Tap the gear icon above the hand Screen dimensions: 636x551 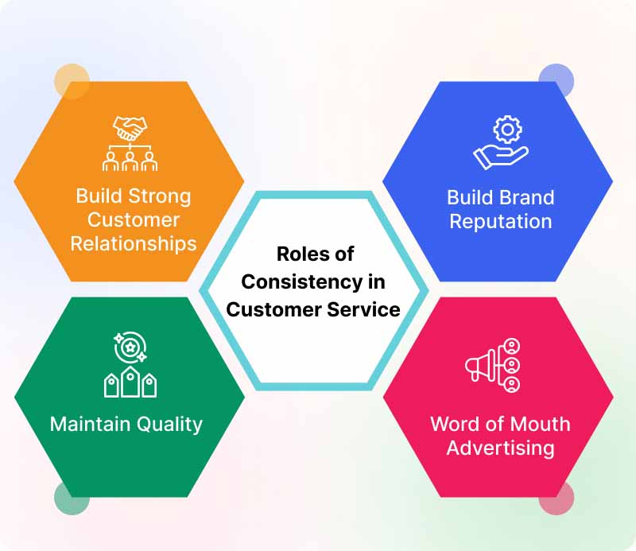[x=507, y=130]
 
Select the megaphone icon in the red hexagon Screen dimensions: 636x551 [x=481, y=366]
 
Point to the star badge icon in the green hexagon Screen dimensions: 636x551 [x=130, y=347]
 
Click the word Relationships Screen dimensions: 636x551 [x=134, y=243]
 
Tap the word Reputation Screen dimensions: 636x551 [x=501, y=222]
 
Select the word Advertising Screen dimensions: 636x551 [x=501, y=448]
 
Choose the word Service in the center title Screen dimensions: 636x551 [x=363, y=309]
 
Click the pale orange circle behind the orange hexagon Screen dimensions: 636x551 [x=72, y=81]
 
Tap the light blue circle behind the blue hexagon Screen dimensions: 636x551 [x=556, y=80]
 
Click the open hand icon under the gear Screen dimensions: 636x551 [x=501, y=157]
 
